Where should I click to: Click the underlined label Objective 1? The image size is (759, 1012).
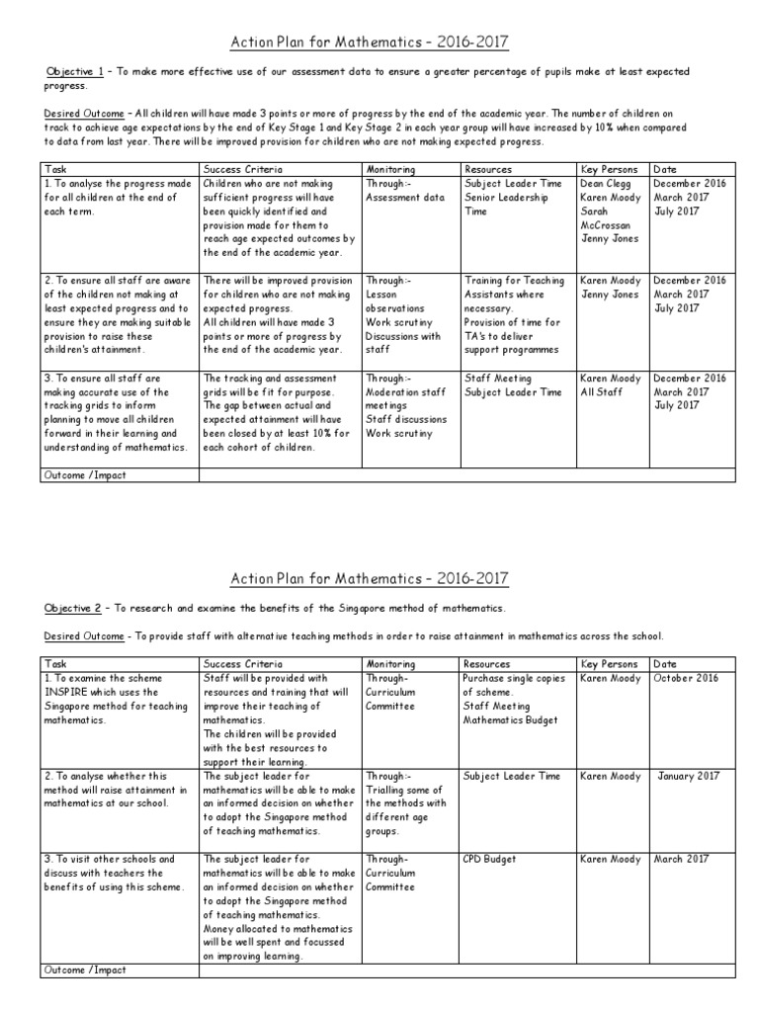(73, 72)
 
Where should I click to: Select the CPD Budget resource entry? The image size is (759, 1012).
(489, 860)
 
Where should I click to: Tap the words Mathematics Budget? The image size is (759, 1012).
(510, 720)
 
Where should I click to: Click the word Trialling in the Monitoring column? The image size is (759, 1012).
(388, 791)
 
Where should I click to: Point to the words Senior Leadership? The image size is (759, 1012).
(505, 198)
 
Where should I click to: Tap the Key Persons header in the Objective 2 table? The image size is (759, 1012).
(610, 664)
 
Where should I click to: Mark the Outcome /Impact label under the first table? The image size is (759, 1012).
(84, 475)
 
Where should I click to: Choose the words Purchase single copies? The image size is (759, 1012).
(512, 679)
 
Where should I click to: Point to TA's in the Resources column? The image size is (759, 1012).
(475, 336)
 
